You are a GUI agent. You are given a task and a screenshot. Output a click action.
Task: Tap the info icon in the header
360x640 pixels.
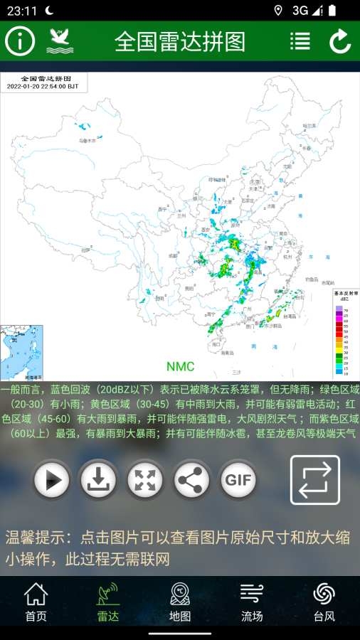coord(20,41)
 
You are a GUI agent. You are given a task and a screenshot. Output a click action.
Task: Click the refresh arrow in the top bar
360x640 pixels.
coord(340,41)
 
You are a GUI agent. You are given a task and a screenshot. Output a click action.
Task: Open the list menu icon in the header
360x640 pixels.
coord(300,41)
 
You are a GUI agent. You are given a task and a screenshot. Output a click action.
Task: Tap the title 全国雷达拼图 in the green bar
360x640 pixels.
coord(180,42)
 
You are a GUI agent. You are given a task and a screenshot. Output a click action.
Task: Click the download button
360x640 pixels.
coord(98,480)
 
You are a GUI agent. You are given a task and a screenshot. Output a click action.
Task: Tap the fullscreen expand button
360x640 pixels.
coord(145,480)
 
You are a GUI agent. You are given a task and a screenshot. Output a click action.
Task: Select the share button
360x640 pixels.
coord(191,480)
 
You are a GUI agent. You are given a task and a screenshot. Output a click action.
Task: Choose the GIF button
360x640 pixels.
coord(238,480)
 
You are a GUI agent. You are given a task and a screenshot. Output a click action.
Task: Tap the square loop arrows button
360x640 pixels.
coord(314,480)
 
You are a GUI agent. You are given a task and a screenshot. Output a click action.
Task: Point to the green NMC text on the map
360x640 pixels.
coord(180,366)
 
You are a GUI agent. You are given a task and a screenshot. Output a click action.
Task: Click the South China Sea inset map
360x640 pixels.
coord(22,351)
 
